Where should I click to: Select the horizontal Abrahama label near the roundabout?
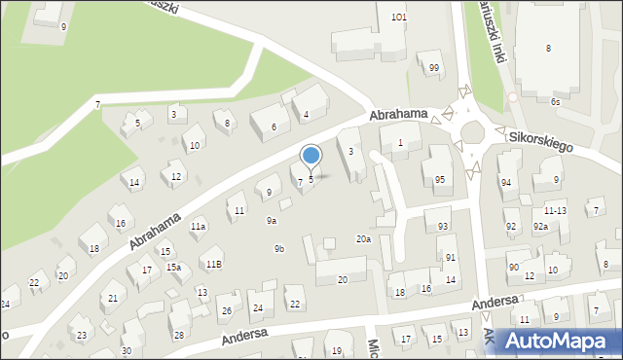398,115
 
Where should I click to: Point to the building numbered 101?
398,18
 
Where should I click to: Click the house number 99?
434,67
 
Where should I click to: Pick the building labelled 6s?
555,101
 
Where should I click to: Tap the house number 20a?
363,238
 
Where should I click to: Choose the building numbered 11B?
212,264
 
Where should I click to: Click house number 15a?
173,267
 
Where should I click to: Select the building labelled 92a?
540,227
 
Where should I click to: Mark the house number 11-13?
555,210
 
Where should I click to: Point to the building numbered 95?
440,179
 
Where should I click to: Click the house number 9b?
279,249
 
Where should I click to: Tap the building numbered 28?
178,335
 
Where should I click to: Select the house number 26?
226,311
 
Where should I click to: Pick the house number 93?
443,226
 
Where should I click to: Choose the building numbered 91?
451,257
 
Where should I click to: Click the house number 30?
127,350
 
